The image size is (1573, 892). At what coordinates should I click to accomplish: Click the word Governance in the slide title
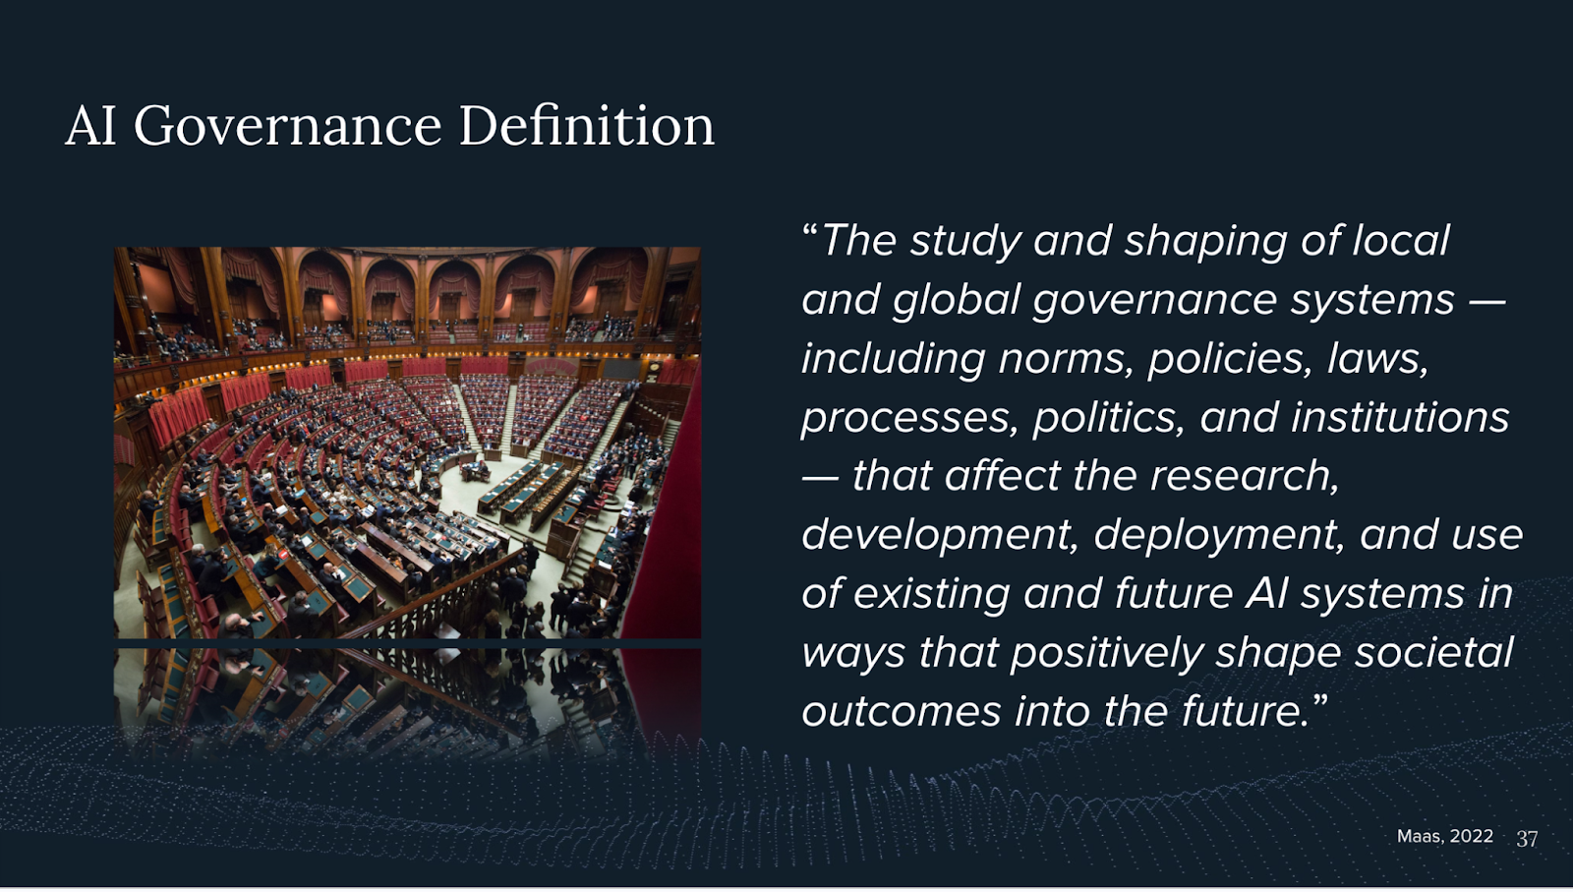pos(287,127)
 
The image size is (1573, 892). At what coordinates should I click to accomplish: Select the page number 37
pos(1527,839)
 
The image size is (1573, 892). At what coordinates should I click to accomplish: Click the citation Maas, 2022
pos(1444,836)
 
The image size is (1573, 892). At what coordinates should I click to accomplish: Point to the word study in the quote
pos(965,242)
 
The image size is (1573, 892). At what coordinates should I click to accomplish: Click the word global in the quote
pos(956,301)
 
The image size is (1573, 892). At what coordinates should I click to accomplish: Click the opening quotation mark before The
pos(810,230)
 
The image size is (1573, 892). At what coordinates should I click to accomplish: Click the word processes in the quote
pos(908,419)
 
